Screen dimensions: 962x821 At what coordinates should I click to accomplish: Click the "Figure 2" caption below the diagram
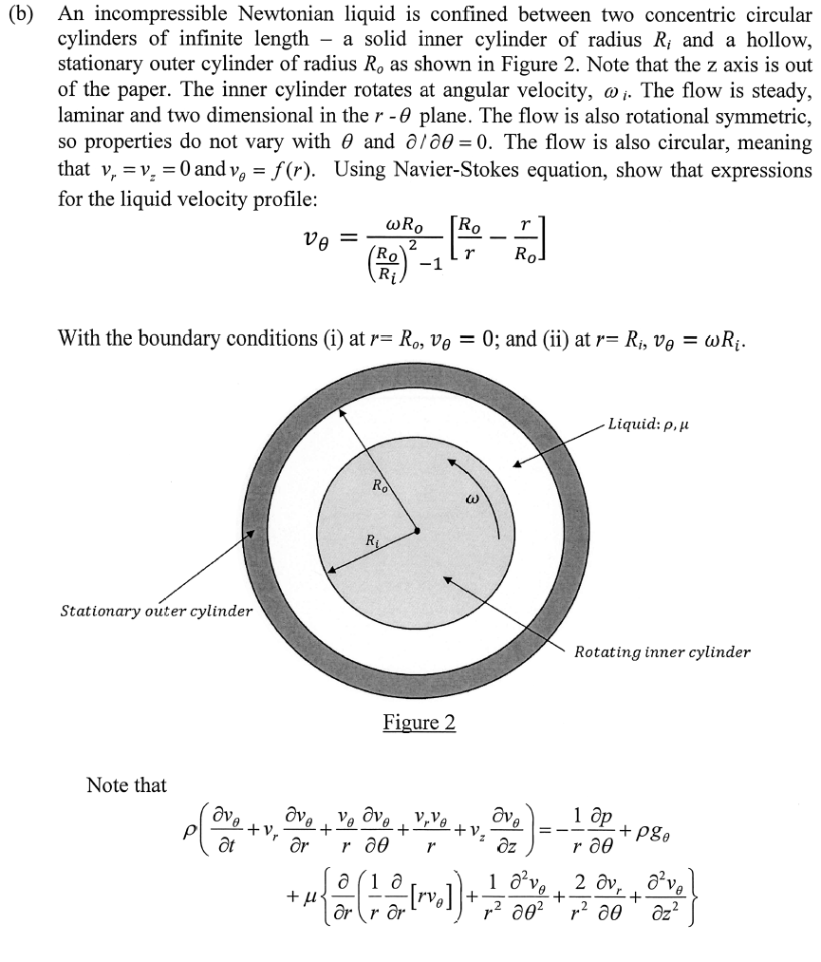click(x=420, y=723)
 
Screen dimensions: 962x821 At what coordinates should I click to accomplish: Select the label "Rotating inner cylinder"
click(x=662, y=652)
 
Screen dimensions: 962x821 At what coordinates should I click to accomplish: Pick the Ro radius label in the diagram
click(x=380, y=486)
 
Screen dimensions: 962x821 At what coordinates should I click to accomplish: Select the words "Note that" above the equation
click(x=125, y=785)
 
